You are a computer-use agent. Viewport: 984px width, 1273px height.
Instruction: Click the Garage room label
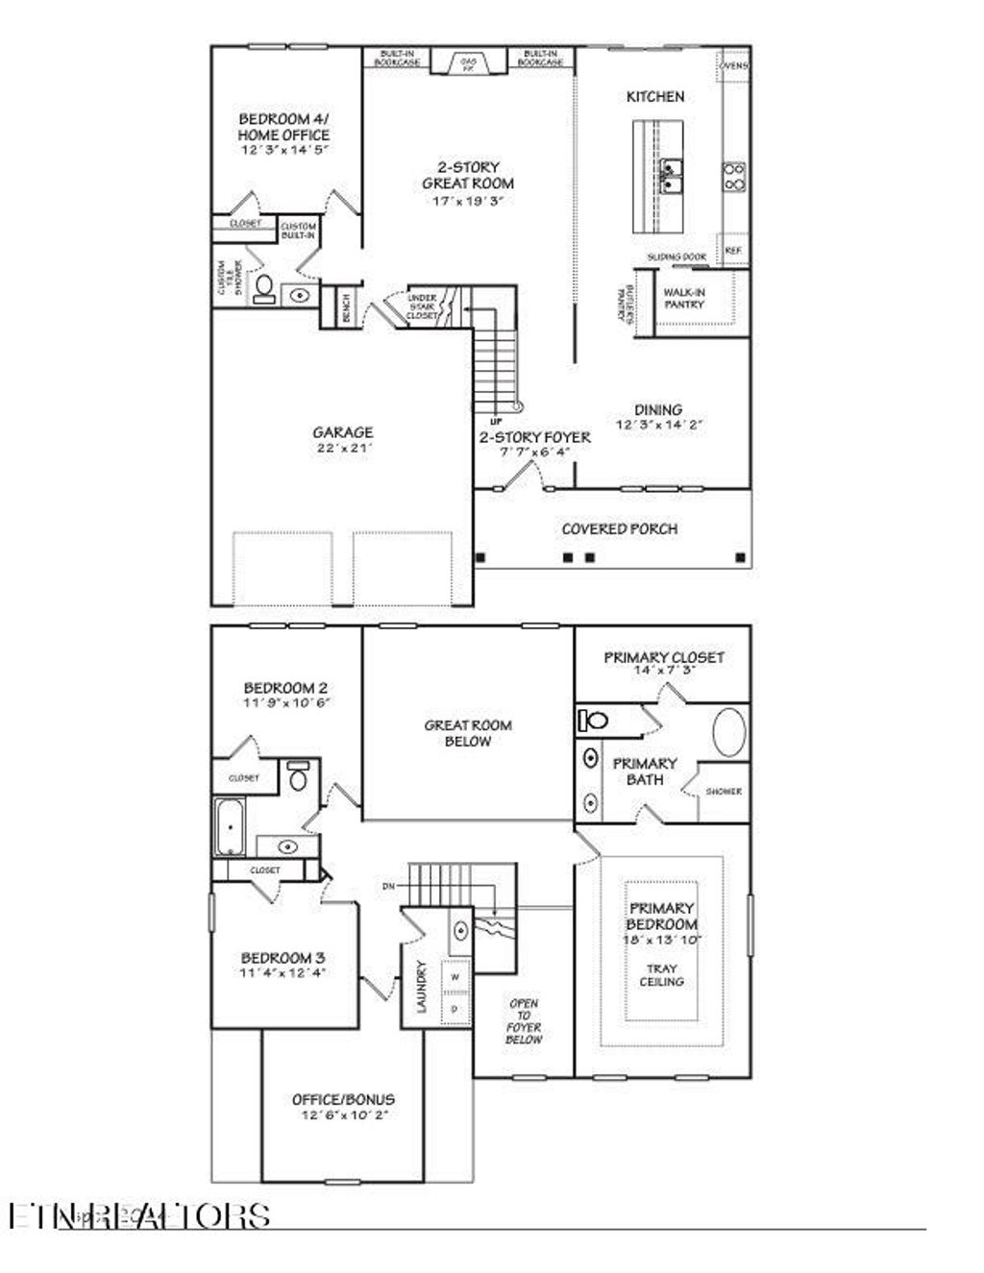pyautogui.click(x=342, y=432)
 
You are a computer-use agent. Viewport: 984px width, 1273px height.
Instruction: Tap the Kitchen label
pyautogui.click(x=655, y=96)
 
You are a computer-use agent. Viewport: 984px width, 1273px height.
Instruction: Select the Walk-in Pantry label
pyautogui.click(x=683, y=298)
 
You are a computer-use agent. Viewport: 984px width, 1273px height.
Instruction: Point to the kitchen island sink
pyautogui.click(x=670, y=177)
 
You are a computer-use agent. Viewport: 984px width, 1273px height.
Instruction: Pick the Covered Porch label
pyautogui.click(x=619, y=528)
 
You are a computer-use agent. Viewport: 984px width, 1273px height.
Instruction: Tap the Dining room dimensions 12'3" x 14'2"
pyautogui.click(x=660, y=424)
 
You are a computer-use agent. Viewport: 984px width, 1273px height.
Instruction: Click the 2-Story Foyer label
pyautogui.click(x=535, y=437)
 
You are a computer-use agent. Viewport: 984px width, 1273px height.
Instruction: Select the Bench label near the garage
pyautogui.click(x=345, y=307)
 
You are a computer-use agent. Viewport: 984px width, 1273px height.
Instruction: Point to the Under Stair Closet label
pyautogui.click(x=422, y=306)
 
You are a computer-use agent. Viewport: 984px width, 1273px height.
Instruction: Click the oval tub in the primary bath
pyautogui.click(x=728, y=733)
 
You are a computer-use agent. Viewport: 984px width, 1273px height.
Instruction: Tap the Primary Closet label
pyautogui.click(x=663, y=657)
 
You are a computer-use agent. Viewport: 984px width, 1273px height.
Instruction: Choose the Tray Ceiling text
pyautogui.click(x=662, y=975)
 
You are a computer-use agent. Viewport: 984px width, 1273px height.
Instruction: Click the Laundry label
pyautogui.click(x=421, y=987)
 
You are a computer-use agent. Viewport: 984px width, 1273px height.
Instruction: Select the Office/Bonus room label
pyautogui.click(x=343, y=1099)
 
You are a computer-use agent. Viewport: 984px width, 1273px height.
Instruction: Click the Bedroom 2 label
pyautogui.click(x=285, y=688)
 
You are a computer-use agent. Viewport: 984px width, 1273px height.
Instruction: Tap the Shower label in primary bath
pyautogui.click(x=724, y=792)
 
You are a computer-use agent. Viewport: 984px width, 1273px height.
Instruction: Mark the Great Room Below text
pyautogui.click(x=468, y=733)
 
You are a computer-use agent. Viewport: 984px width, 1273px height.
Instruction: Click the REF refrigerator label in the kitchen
pyautogui.click(x=733, y=250)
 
